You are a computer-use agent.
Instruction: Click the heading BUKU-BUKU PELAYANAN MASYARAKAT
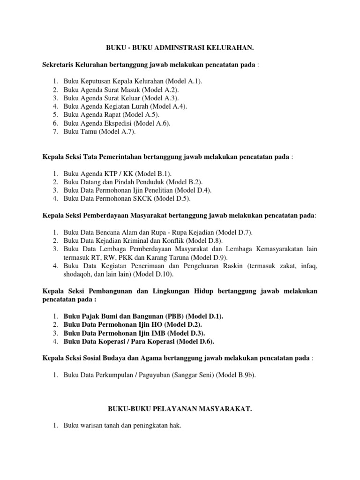pyautogui.click(x=180, y=409)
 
